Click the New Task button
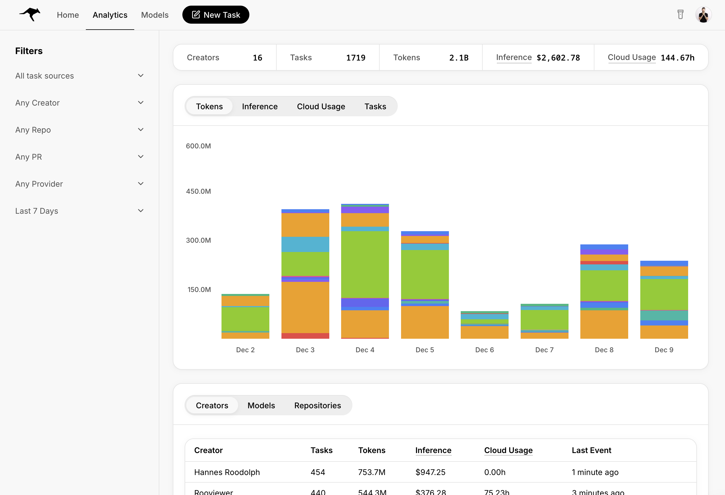tap(216, 15)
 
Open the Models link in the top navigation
tap(155, 15)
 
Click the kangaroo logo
tap(30, 14)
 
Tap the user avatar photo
tap(703, 15)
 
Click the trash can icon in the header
tap(680, 14)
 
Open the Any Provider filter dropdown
tap(79, 184)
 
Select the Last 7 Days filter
tap(79, 211)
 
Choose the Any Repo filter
tap(79, 130)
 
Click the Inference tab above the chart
tap(259, 106)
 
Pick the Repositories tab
tap(317, 405)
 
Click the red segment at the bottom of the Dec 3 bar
tap(305, 336)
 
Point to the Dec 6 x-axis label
tap(484, 350)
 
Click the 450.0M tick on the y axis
tap(198, 191)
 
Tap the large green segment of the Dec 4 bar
tap(365, 264)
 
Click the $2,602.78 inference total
tap(558, 58)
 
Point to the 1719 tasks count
tap(356, 58)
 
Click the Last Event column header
tap(591, 450)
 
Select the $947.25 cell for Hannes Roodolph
tap(430, 472)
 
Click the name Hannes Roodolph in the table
tap(227, 472)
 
